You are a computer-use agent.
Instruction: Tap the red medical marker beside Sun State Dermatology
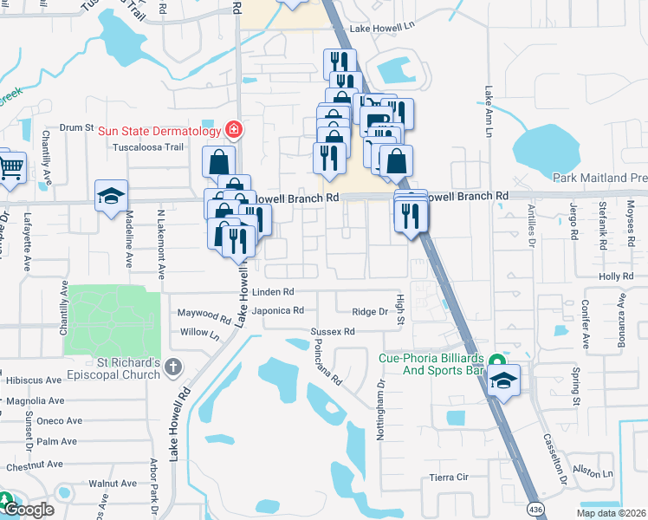[233, 130]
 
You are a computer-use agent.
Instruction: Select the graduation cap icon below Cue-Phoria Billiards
[503, 380]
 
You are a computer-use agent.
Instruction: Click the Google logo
[29, 510]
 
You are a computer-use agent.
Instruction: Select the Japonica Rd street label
[277, 310]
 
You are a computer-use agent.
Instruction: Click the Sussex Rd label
[334, 332]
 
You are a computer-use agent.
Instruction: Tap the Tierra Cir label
[449, 478]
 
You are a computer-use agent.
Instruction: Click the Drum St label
[76, 127]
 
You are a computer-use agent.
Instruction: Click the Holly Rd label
[623, 276]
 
